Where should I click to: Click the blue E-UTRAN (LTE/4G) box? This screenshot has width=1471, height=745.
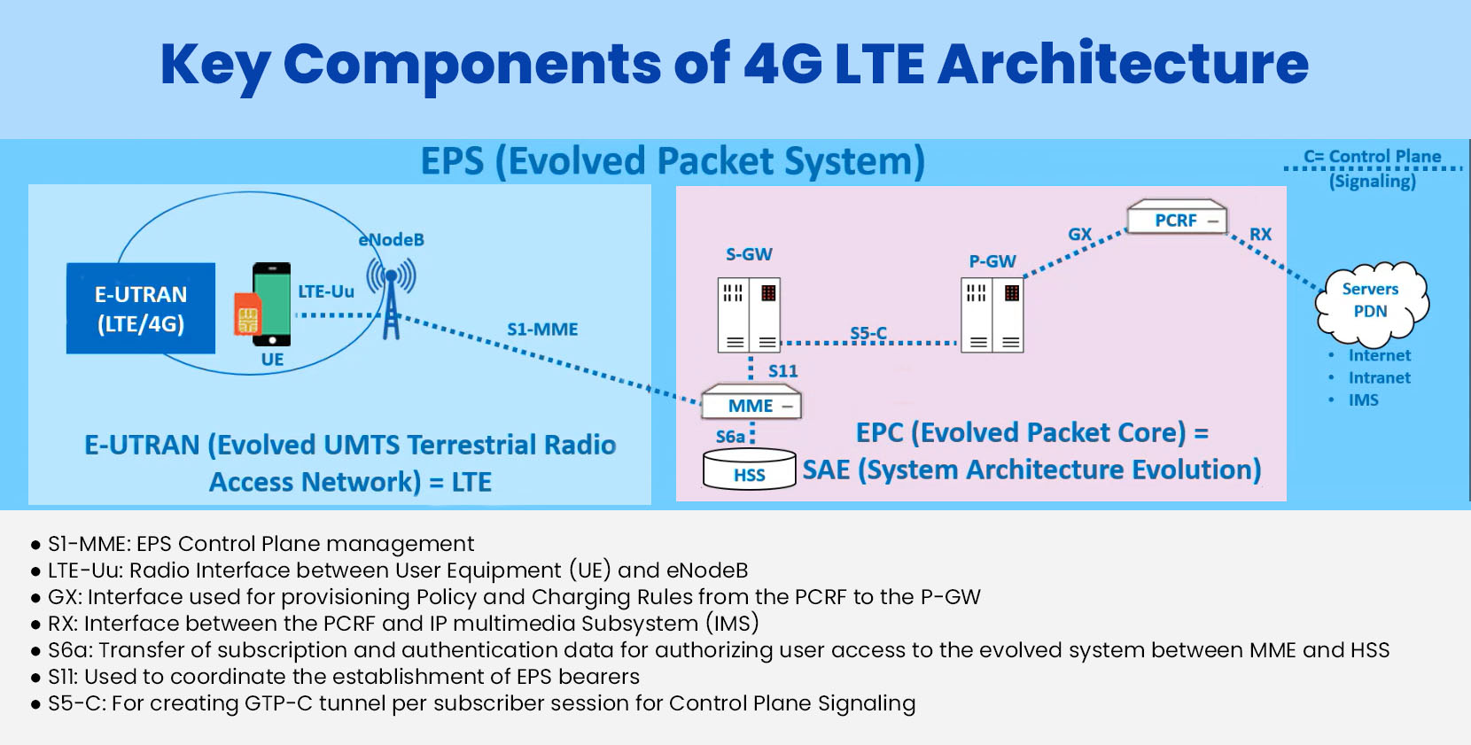(x=141, y=308)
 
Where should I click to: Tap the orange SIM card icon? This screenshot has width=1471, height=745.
(x=247, y=314)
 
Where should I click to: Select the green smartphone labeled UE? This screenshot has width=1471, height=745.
(x=272, y=304)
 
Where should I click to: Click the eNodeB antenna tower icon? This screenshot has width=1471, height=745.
(x=391, y=297)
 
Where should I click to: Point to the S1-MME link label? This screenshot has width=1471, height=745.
(x=542, y=330)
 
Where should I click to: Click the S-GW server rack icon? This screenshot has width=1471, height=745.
(x=749, y=314)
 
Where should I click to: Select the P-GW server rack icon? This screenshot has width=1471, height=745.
(x=992, y=314)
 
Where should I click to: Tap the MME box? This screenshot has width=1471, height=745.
(x=751, y=406)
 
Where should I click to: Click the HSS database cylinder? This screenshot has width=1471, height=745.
(x=750, y=470)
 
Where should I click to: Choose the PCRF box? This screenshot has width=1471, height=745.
(x=1177, y=220)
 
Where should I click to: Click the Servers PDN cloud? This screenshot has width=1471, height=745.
(x=1371, y=301)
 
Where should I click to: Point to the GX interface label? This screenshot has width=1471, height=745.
(x=1080, y=234)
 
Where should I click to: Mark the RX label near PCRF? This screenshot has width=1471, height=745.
(x=1260, y=234)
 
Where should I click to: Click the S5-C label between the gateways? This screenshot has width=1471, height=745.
(x=868, y=333)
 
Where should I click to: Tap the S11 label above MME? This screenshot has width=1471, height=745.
(x=782, y=371)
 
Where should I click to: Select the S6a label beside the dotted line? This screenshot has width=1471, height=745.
(x=730, y=437)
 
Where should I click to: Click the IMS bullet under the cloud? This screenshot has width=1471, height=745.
(x=1363, y=400)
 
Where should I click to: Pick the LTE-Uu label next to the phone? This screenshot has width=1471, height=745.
(x=326, y=291)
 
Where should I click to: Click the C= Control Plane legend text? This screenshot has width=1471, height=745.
(x=1372, y=157)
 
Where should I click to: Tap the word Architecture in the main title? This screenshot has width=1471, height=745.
(x=1123, y=64)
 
